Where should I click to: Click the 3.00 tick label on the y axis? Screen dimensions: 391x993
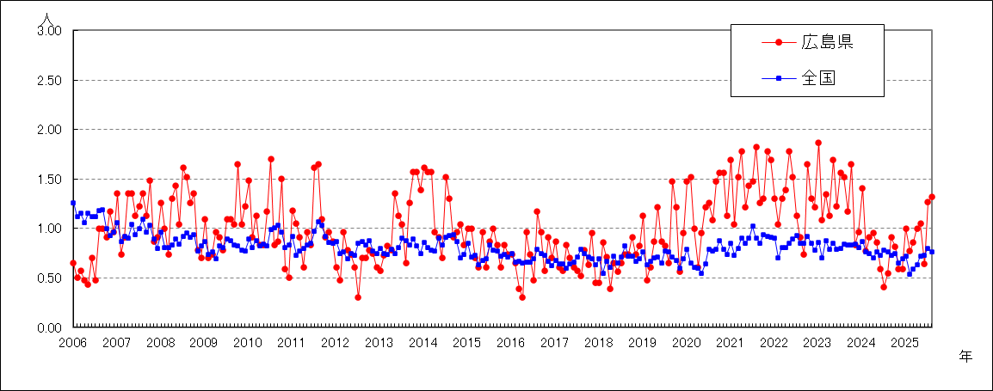pyautogui.click(x=49, y=31)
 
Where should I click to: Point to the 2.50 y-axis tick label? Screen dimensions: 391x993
pyautogui.click(x=49, y=81)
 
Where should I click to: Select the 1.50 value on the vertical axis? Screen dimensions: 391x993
pyautogui.click(x=49, y=180)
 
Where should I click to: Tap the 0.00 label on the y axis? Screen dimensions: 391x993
pyautogui.click(x=49, y=328)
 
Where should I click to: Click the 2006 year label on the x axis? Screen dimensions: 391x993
pyautogui.click(x=72, y=343)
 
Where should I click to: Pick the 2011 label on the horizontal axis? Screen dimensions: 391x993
pyautogui.click(x=291, y=343)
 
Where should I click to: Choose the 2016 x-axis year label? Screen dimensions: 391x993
pyautogui.click(x=510, y=343)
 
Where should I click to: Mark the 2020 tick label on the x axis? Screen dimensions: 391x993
pyautogui.click(x=686, y=343)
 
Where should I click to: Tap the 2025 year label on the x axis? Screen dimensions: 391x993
pyautogui.click(x=904, y=343)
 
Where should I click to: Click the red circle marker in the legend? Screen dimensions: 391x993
pyautogui.click(x=779, y=42)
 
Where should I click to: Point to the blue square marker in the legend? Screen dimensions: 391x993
pyautogui.click(x=779, y=79)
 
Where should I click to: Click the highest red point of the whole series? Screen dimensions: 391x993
pyautogui.click(x=818, y=143)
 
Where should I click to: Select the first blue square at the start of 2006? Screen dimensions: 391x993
pyautogui.click(x=73, y=203)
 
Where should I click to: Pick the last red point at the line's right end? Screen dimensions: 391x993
pyautogui.click(x=932, y=197)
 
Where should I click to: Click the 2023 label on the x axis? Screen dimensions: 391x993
pyautogui.click(x=817, y=343)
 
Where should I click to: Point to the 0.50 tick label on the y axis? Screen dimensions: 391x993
pyautogui.click(x=49, y=278)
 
